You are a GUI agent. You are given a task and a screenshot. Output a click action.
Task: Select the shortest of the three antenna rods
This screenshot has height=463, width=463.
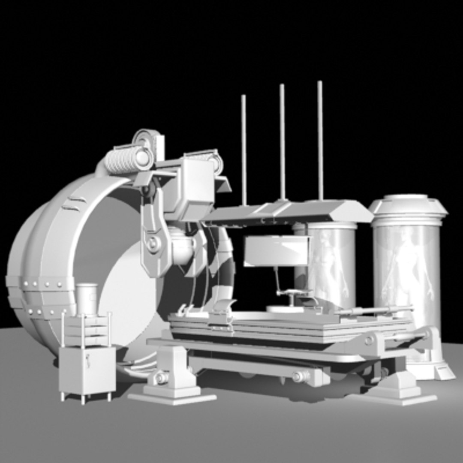tap(244, 150)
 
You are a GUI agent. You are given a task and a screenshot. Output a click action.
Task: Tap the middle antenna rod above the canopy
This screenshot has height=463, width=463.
tap(282, 141)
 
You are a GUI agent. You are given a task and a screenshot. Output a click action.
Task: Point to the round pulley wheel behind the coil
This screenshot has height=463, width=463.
tap(146, 139)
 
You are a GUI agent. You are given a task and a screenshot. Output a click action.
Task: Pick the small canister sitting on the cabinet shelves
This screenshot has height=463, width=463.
tap(87, 298)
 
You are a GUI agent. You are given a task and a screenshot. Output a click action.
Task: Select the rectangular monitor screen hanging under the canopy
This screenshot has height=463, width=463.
tap(277, 251)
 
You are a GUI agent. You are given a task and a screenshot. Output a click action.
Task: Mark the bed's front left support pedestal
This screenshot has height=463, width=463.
tap(171, 377)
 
